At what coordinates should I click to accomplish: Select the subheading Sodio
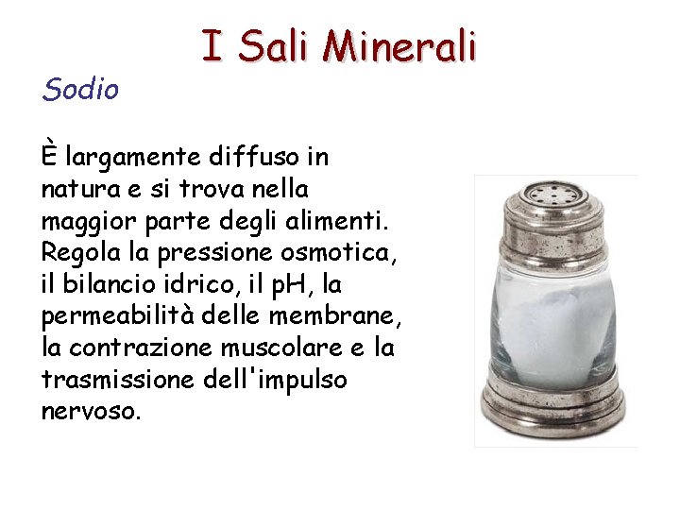coord(80,90)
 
